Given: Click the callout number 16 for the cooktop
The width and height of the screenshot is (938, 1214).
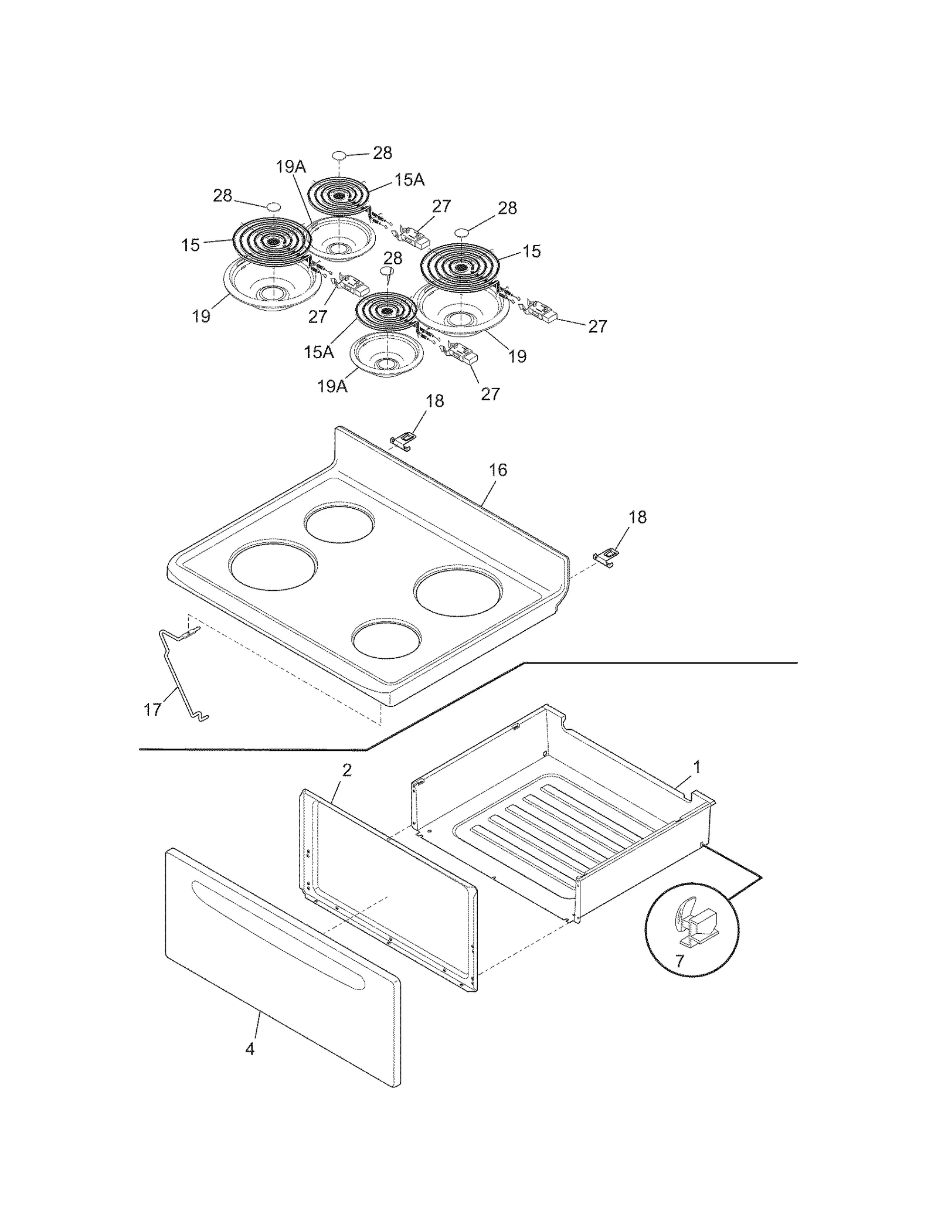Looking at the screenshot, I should point(498,470).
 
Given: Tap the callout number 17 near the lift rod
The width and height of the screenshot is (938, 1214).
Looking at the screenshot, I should point(152,710).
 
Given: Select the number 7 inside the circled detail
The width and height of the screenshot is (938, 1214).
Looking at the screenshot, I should point(679,961).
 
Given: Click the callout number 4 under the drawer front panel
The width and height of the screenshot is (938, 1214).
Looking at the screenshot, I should point(250,1049).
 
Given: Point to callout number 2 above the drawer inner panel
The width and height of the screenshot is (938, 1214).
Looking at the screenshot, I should point(347,770).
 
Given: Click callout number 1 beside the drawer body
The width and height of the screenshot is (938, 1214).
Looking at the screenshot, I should point(697,767).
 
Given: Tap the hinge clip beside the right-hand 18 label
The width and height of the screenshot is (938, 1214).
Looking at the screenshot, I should point(606,557).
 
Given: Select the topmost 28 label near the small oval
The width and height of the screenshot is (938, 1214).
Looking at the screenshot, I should point(382,153).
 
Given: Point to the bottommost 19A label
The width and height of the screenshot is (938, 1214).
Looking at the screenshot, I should point(332,386).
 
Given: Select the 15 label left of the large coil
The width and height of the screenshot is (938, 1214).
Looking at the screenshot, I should point(191,245).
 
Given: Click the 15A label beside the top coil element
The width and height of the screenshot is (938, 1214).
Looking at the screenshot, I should point(409,180).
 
